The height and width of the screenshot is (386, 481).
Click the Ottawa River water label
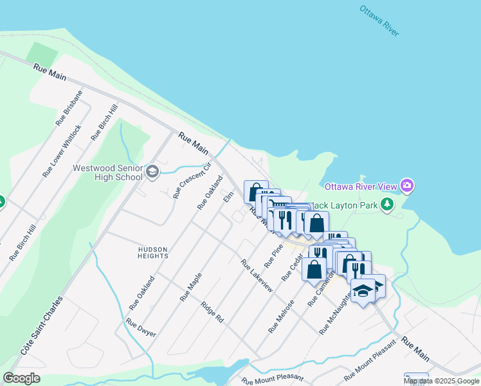379,21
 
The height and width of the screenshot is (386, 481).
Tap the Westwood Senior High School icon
152,171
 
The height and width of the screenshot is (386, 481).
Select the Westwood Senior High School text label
107,172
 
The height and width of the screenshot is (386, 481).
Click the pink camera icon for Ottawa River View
406,187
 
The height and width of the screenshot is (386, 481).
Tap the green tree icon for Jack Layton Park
386,205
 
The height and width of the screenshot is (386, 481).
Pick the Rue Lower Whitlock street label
62,151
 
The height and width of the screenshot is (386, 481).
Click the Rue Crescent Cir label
192,180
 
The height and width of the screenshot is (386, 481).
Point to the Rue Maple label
191,287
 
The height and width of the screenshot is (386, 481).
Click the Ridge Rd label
212,312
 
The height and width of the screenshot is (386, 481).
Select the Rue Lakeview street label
257,275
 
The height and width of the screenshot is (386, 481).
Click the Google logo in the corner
21,378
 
